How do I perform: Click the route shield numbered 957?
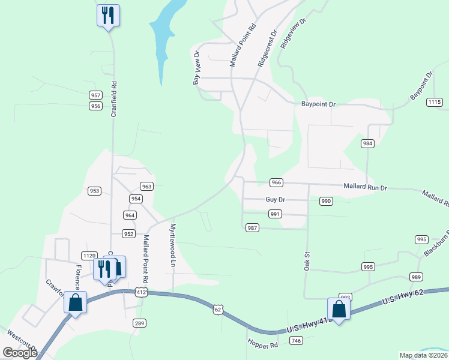point(95,95)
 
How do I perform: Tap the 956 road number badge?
point(95,106)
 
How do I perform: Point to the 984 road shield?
point(368,143)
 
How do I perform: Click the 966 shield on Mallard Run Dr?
point(276,182)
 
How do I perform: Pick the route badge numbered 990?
point(326,201)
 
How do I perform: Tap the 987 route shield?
point(252,227)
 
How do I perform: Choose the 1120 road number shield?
point(89,256)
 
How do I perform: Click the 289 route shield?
point(139,323)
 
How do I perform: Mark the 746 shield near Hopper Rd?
point(295,340)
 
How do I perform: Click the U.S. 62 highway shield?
point(218,309)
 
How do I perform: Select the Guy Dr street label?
point(275,199)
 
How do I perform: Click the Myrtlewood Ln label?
point(173,245)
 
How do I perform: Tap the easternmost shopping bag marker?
point(339,310)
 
